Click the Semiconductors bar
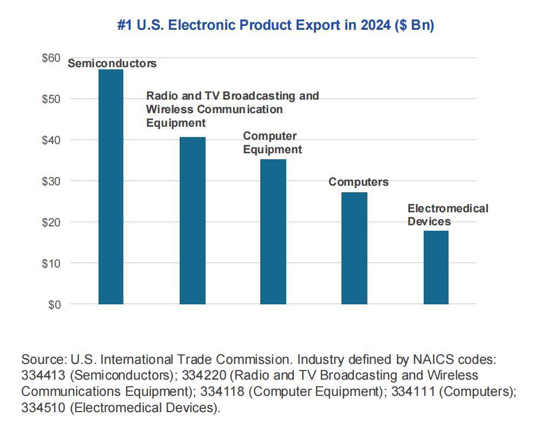111,187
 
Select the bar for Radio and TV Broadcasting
193,220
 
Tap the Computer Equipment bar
273,232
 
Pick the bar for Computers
354,248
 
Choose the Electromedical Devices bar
436,268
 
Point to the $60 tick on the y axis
51,57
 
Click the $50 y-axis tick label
51,99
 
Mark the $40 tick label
51,140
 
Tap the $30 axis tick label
51,181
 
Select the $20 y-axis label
51,222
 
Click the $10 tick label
51,263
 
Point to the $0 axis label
54,304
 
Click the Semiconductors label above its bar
112,63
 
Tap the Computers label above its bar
358,182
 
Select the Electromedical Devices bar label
447,215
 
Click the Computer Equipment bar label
272,142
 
